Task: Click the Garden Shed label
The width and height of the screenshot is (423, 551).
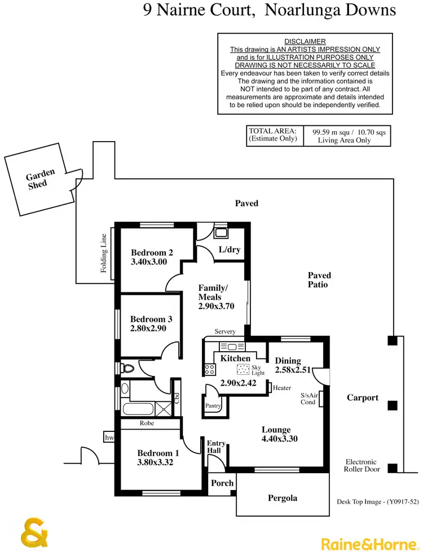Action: [x=41, y=179]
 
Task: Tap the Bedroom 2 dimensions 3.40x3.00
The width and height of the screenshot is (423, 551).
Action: [x=149, y=262]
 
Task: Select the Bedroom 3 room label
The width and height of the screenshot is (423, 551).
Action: [x=148, y=319]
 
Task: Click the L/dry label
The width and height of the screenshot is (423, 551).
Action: [x=229, y=250]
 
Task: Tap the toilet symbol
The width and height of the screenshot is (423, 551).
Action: [x=127, y=369]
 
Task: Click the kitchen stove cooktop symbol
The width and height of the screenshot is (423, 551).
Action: [x=209, y=370]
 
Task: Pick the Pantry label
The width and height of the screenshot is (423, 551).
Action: [x=213, y=405]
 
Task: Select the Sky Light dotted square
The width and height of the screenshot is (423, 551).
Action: [x=243, y=370]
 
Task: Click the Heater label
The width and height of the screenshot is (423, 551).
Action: [x=281, y=388]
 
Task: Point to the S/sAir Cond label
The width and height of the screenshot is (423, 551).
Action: [x=308, y=399]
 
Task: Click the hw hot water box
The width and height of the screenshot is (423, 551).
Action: [x=109, y=437]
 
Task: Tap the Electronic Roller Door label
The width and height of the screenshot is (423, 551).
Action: [x=361, y=465]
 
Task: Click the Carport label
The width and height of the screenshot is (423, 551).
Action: [x=362, y=397]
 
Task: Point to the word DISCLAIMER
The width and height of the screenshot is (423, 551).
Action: [x=305, y=42]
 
